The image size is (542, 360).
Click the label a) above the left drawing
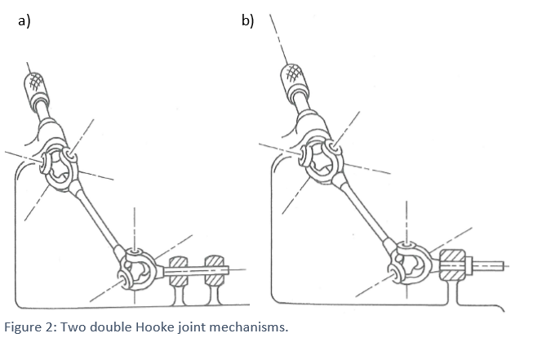[x=24, y=21]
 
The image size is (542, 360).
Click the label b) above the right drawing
[x=247, y=21]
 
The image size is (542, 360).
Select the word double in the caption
[x=118, y=329]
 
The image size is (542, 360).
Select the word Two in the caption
[x=82, y=329]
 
